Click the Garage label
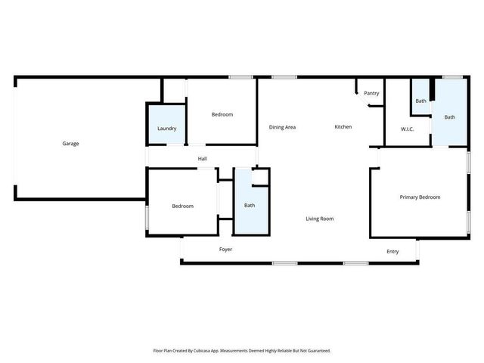(x=70, y=144)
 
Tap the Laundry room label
(x=167, y=129)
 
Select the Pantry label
(x=371, y=93)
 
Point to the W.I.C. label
(x=407, y=129)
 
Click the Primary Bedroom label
(x=420, y=197)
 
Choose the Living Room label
(x=320, y=219)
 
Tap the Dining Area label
(x=282, y=127)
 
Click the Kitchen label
(x=343, y=127)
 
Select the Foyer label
(x=225, y=249)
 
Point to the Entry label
(x=392, y=252)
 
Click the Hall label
(x=202, y=159)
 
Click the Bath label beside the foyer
(x=250, y=206)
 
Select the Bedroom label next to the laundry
(x=222, y=114)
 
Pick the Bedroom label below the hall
(x=182, y=206)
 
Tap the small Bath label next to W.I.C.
(x=420, y=101)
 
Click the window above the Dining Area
(x=284, y=76)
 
